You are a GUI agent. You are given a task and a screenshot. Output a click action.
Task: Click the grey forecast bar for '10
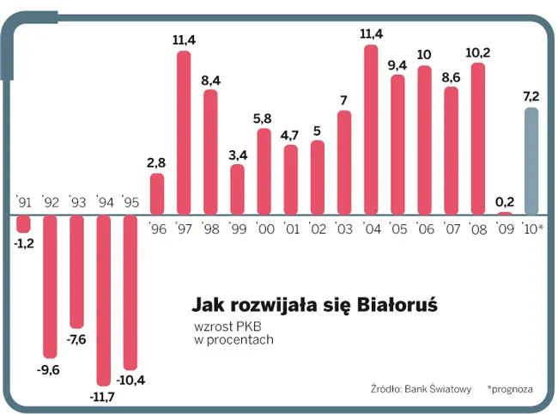coord(531,161)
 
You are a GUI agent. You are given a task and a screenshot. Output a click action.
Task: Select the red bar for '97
coord(183,133)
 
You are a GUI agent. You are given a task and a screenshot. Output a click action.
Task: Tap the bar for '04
coord(371,130)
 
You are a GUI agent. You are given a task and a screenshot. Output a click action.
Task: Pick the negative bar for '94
coord(103,300)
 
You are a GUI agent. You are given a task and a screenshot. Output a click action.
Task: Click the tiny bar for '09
coord(505,213)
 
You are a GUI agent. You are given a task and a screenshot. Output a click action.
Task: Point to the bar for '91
coord(23,223)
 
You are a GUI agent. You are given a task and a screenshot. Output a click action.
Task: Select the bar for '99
coord(237,189)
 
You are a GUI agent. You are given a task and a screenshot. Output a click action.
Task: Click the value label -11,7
coord(103,398)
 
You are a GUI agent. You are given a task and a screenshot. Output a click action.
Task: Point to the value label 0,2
coord(505,201)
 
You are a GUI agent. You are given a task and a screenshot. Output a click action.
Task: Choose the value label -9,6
coord(50,371)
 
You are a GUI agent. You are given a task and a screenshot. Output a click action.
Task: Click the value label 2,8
coord(156,162)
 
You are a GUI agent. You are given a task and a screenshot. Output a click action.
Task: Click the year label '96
coord(157,228)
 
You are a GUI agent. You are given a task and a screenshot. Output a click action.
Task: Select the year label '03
coord(344,228)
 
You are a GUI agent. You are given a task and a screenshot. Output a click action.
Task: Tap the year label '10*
coord(532,228)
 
